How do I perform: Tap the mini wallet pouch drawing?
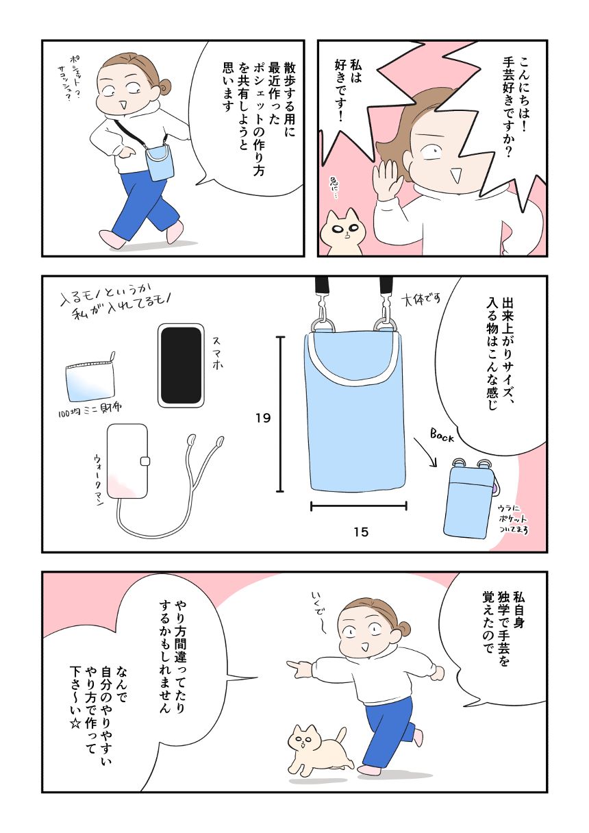click(x=90, y=376)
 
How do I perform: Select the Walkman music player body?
click(x=127, y=461)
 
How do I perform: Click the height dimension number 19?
click(x=263, y=419)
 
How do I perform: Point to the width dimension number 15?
click(x=361, y=532)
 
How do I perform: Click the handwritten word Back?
click(x=442, y=436)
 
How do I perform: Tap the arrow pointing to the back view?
click(x=425, y=452)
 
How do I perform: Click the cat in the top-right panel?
click(x=344, y=232)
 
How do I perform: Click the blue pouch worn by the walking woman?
click(x=159, y=162)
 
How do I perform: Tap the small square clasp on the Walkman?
click(x=145, y=461)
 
